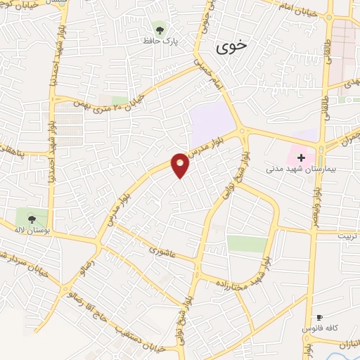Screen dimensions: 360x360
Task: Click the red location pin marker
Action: (181, 165)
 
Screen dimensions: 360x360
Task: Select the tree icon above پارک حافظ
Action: (160, 30)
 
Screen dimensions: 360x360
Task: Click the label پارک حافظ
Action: (160, 42)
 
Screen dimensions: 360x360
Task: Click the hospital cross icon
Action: (301, 157)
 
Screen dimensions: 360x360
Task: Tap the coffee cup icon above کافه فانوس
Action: (320, 318)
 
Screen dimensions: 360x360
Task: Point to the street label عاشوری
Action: (163, 250)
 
